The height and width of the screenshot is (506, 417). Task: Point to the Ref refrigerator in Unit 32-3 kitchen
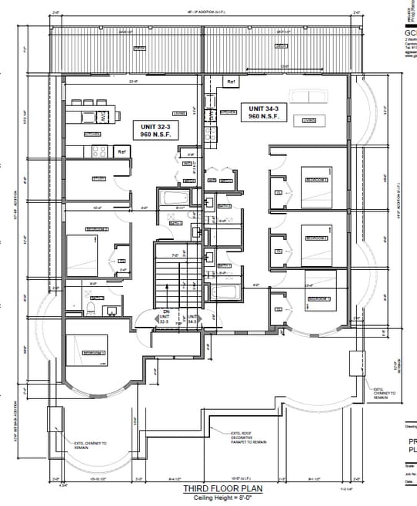[122, 152]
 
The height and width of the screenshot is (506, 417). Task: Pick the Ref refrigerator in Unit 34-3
[230, 82]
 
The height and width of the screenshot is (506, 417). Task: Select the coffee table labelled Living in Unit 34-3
[309, 121]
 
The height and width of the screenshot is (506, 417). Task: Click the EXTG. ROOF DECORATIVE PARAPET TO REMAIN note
[248, 438]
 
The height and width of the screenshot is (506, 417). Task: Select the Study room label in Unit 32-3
[99, 179]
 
